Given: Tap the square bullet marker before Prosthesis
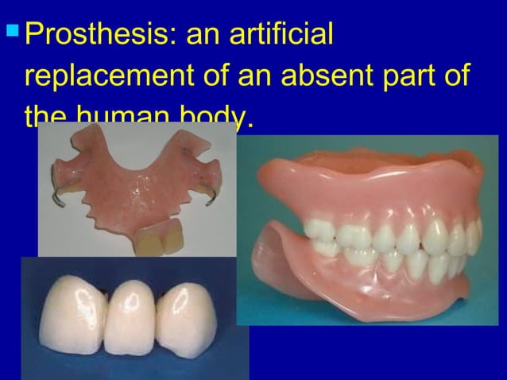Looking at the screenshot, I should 11,36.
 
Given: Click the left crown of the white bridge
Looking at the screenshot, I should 71,313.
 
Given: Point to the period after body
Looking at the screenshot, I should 251,126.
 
